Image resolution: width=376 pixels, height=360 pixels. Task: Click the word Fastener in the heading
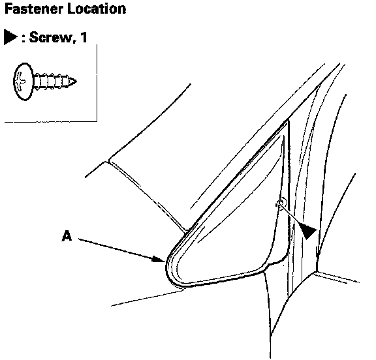click(x=34, y=9)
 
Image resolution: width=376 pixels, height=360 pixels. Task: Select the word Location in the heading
click(x=97, y=9)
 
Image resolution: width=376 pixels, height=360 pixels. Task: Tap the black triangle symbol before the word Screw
click(x=10, y=37)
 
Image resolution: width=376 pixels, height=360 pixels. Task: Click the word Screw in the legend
click(x=51, y=37)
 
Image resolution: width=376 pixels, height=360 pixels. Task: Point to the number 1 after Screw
click(x=84, y=37)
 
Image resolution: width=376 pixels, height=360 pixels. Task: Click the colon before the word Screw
click(x=23, y=39)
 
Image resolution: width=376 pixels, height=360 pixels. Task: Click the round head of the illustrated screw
click(x=23, y=82)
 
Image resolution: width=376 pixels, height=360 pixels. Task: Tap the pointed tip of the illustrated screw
click(x=76, y=82)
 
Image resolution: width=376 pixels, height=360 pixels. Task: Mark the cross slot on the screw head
click(x=20, y=82)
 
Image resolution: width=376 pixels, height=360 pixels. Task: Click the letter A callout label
click(x=67, y=235)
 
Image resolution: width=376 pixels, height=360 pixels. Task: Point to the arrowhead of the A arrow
click(x=159, y=260)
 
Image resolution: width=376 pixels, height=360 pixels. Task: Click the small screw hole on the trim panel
click(x=281, y=202)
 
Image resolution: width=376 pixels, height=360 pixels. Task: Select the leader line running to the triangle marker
click(x=291, y=216)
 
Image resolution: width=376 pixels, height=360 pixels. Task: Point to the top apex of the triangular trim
click(x=287, y=121)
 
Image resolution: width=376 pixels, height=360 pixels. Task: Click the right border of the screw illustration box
click(x=97, y=83)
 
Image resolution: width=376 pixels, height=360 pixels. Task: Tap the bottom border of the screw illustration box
click(x=51, y=122)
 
